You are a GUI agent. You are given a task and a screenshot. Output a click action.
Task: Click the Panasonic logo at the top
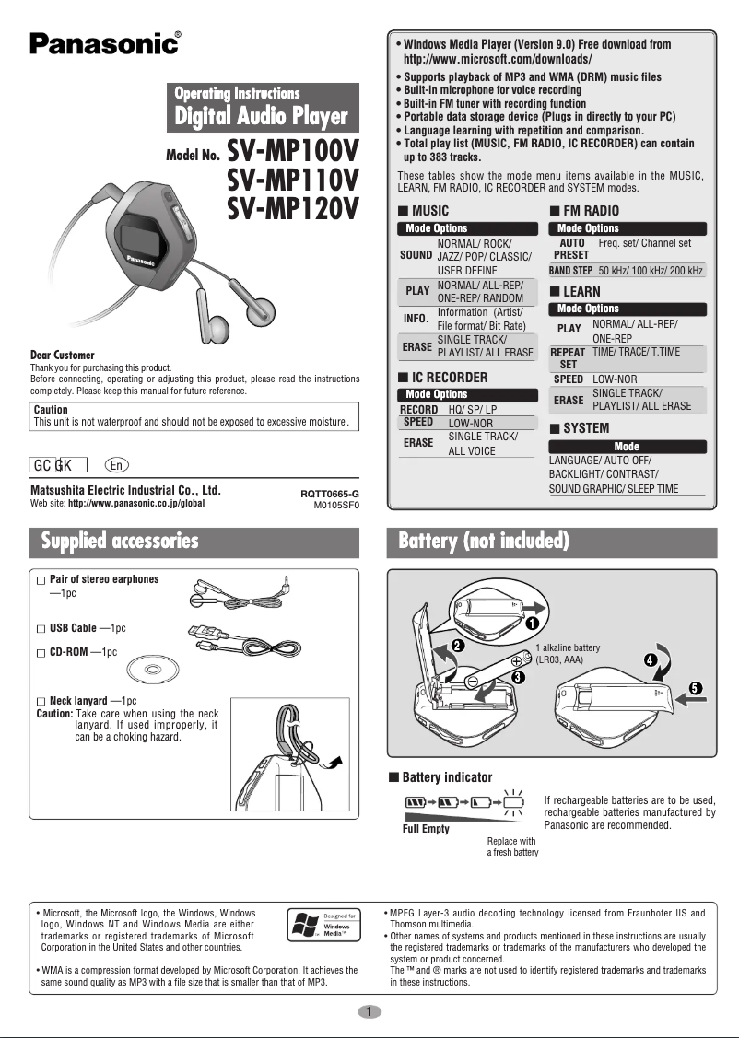(x=104, y=43)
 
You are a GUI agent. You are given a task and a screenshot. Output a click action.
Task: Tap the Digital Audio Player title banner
(x=263, y=116)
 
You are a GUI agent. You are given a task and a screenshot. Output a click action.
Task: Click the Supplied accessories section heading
(x=120, y=541)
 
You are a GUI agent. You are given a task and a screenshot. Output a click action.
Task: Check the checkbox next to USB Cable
(x=40, y=628)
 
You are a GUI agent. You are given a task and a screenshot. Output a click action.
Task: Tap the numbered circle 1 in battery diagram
(x=533, y=624)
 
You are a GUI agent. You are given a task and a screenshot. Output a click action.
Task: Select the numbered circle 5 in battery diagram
(x=696, y=688)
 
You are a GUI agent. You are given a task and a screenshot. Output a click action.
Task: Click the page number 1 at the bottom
(x=369, y=1012)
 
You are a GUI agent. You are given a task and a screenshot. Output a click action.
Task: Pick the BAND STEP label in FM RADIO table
(x=570, y=271)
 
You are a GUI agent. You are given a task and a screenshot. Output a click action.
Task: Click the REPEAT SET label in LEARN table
(x=569, y=358)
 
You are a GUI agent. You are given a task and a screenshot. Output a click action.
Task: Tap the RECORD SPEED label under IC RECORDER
(x=418, y=415)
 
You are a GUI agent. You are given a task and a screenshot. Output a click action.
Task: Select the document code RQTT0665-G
(x=329, y=494)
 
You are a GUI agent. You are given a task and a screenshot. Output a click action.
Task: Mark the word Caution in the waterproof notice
(x=50, y=410)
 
